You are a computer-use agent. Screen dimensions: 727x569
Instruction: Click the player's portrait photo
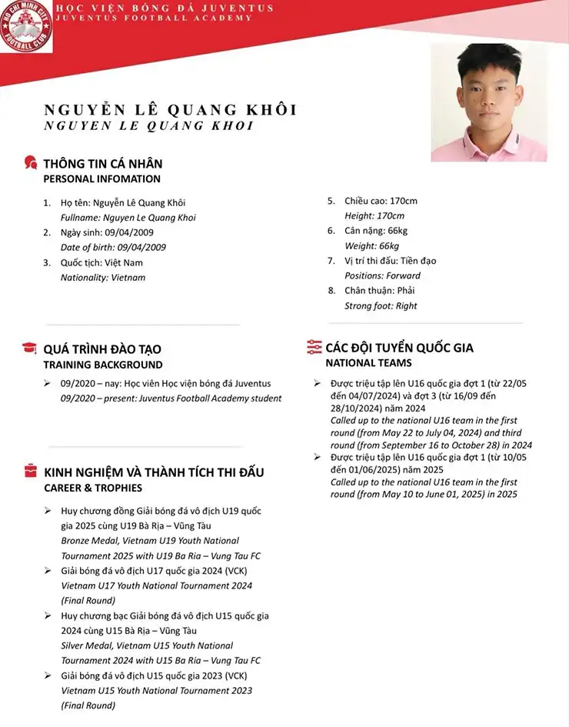tap(488, 102)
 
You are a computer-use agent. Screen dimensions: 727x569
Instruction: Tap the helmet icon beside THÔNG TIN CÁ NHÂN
tap(31, 163)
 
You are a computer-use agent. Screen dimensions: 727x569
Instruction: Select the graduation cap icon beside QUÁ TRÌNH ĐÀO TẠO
tap(30, 348)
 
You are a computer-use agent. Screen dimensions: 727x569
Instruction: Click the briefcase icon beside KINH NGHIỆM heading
tap(30, 471)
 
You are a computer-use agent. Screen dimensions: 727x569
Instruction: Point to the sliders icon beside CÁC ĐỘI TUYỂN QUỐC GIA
tap(314, 347)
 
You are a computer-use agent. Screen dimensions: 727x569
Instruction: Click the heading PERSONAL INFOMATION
tap(101, 179)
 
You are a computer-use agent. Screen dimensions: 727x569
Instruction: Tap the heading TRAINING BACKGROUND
tap(102, 365)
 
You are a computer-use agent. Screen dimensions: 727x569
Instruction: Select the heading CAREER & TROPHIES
tap(92, 488)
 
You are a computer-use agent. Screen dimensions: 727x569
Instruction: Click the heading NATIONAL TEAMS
tap(368, 363)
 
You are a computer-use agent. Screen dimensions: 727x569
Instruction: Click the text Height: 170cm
tap(374, 216)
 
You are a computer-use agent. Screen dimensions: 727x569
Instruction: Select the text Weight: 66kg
tap(371, 246)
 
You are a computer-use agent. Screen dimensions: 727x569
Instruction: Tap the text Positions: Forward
tap(382, 275)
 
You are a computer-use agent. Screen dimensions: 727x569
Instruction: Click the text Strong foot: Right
tap(381, 305)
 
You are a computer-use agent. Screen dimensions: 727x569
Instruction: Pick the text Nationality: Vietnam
tap(102, 278)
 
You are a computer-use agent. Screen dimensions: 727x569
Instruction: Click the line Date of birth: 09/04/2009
tap(113, 248)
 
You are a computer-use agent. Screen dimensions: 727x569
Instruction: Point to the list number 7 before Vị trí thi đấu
tap(331, 261)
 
